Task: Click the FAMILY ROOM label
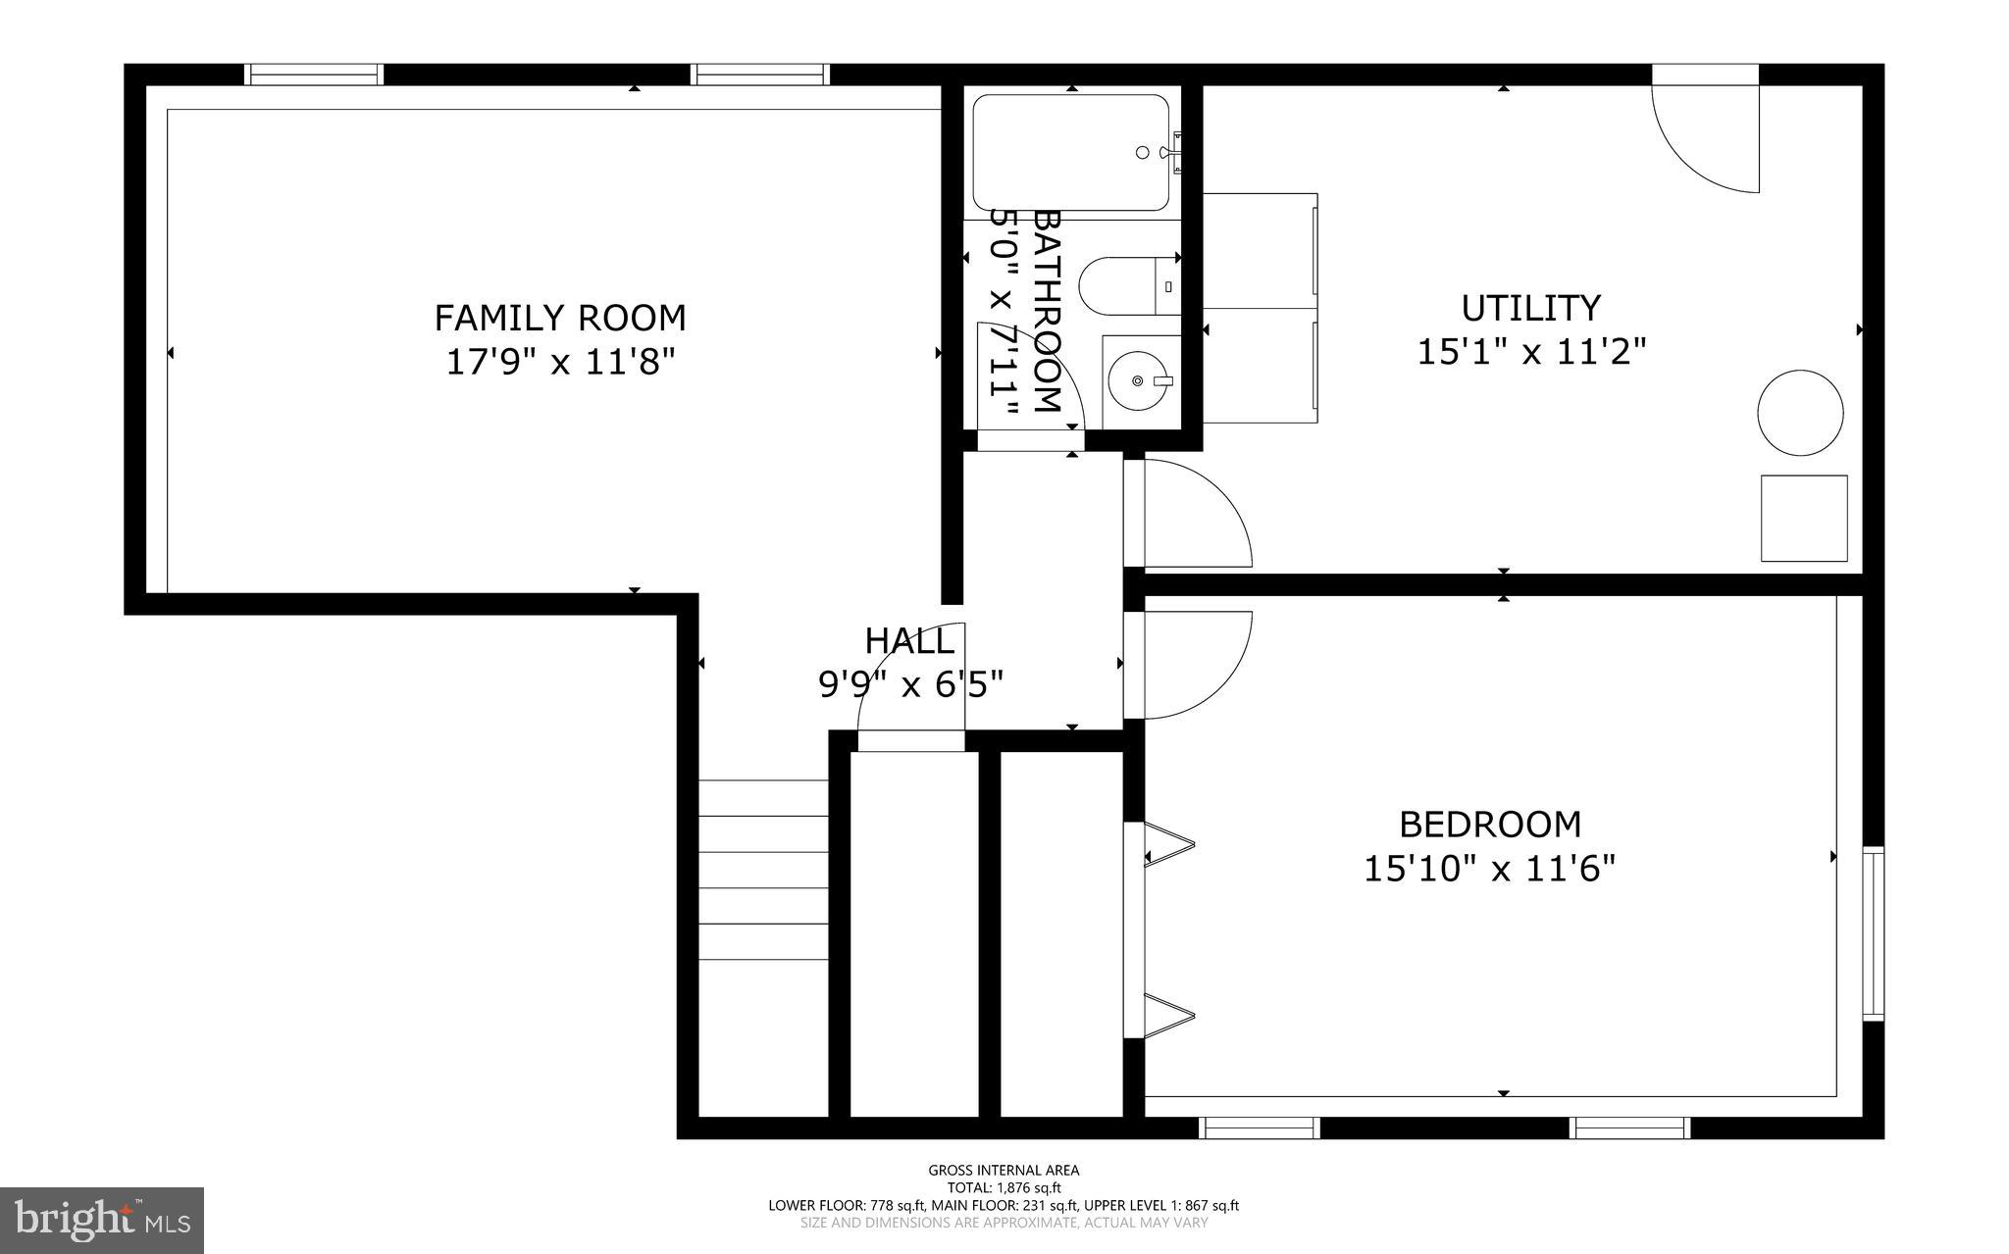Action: click(x=559, y=319)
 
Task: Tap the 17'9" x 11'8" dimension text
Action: click(x=559, y=363)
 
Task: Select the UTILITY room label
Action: click(x=1530, y=308)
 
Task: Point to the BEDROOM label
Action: click(x=1489, y=825)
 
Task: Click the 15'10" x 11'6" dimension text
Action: click(x=1489, y=869)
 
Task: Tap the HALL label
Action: click(x=908, y=641)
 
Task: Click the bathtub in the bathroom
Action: click(x=1070, y=153)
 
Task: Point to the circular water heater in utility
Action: click(x=1799, y=412)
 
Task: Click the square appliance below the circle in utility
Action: click(x=1803, y=518)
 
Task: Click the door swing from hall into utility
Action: click(x=1192, y=515)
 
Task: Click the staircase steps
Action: click(x=763, y=870)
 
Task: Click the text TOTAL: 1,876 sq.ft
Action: click(x=1004, y=1187)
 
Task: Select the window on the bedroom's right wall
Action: click(x=1873, y=933)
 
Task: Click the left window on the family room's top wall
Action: click(x=313, y=74)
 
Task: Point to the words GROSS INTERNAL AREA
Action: click(x=1004, y=1170)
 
